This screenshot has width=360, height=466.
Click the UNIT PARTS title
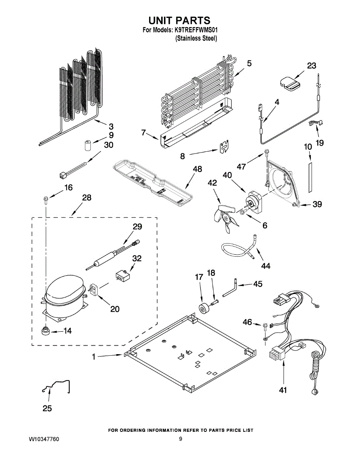pos(179,20)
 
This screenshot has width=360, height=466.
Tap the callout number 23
pos(311,66)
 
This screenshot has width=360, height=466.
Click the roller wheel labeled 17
pos(203,309)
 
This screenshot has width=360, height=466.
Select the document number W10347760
pos(44,439)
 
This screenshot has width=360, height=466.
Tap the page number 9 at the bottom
pos(180,439)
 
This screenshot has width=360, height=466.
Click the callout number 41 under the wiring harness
pos(283,390)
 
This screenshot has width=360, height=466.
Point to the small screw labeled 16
pos(46,200)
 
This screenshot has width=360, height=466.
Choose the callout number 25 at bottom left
pos(47,408)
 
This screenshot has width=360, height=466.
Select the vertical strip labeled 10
pos(310,177)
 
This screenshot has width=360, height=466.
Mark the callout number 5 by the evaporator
pos(249,63)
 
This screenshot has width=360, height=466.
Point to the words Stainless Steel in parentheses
pos(196,38)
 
